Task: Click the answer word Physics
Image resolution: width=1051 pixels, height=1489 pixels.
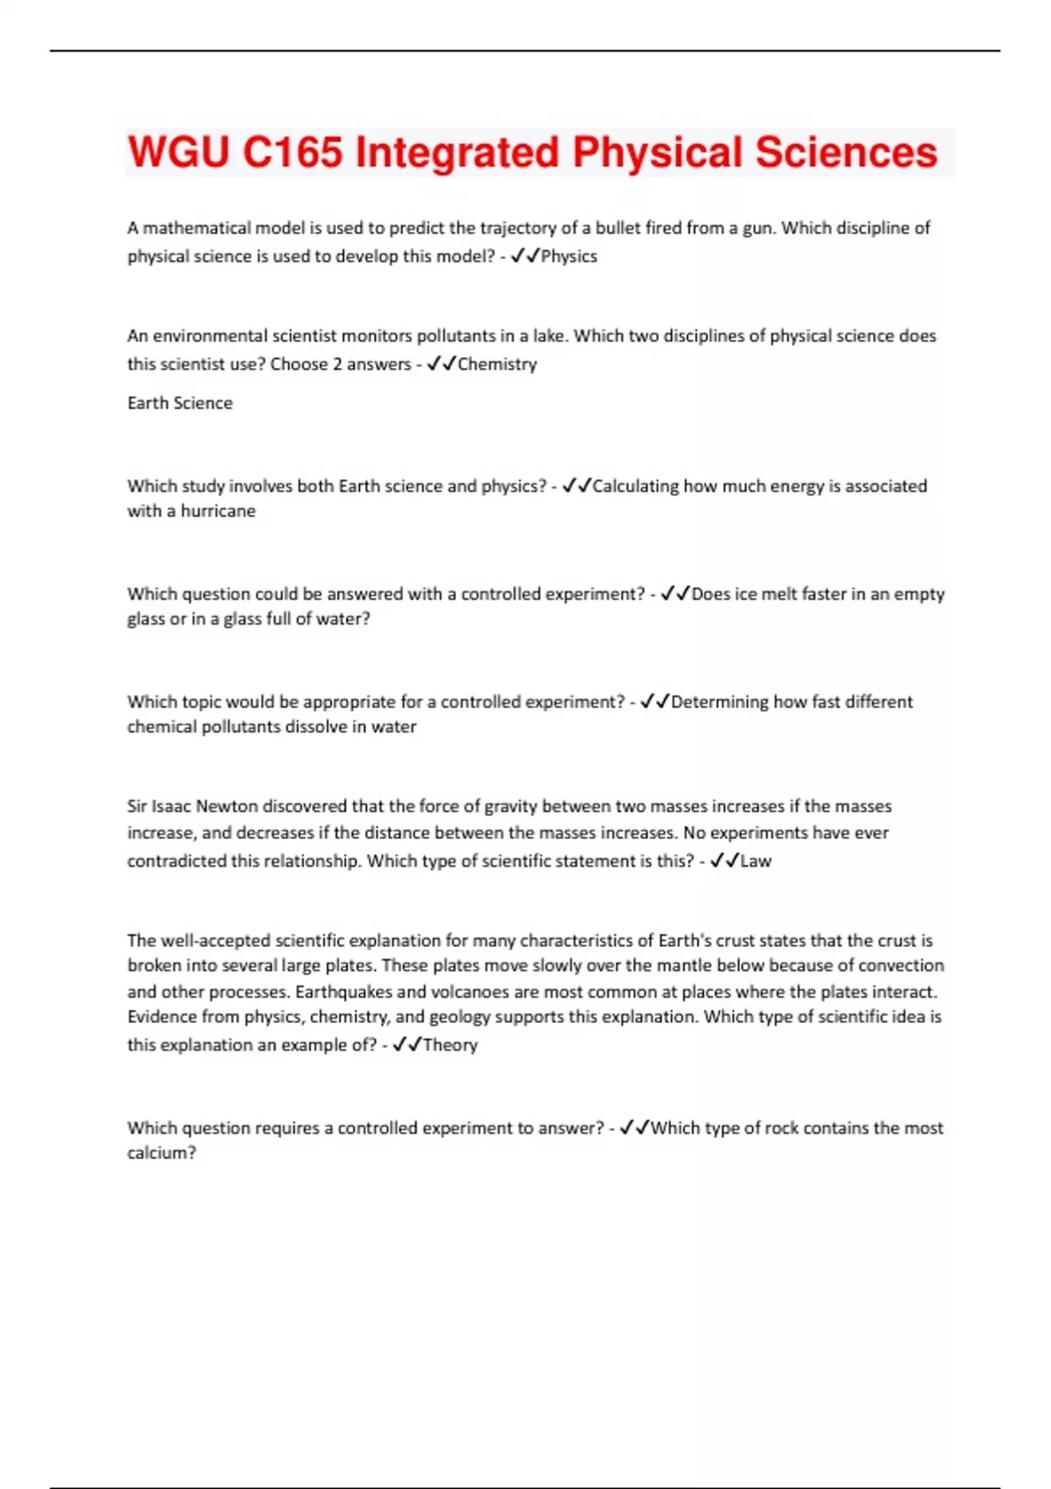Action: tap(569, 257)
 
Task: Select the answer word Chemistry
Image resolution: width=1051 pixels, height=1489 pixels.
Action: tap(497, 364)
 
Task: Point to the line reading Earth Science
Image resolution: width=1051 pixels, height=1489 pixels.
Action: tap(180, 403)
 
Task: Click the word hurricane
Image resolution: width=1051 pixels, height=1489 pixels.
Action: tap(218, 511)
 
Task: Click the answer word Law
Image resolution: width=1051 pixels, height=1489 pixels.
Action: tap(756, 861)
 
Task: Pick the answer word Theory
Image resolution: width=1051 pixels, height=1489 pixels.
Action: tap(450, 1045)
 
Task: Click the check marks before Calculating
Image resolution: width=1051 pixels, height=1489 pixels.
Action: tap(576, 485)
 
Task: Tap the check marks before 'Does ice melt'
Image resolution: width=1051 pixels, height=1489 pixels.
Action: tap(675, 594)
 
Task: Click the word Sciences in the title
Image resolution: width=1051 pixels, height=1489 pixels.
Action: tap(846, 152)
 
